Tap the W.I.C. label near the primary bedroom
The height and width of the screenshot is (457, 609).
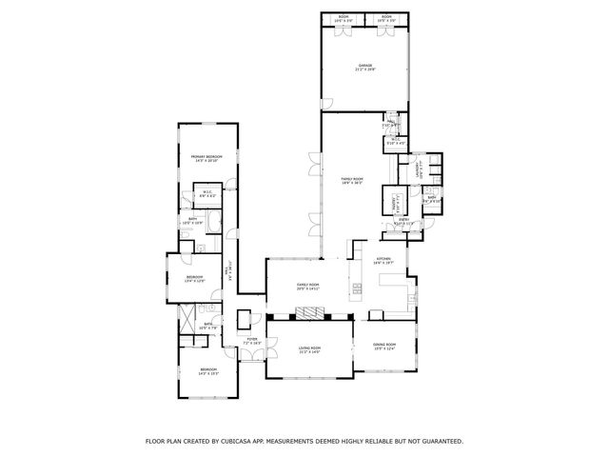(x=206, y=193)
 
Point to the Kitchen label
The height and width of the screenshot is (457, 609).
(x=383, y=261)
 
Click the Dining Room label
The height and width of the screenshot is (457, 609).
(x=383, y=345)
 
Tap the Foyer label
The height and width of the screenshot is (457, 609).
(x=252, y=341)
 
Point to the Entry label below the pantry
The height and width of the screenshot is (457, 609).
(x=404, y=222)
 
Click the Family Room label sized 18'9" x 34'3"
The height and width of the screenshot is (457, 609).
(x=352, y=181)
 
